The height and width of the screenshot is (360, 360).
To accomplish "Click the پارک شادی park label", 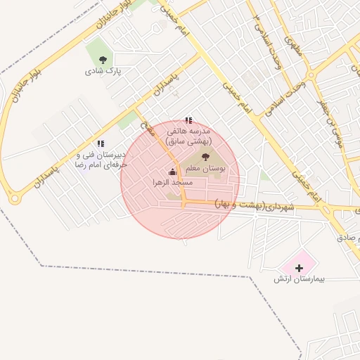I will point(103,71).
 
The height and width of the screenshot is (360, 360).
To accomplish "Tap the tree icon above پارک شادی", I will point(103,60).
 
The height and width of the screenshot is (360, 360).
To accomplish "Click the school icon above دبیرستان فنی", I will point(101,143).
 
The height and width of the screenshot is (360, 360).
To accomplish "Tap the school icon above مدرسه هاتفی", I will point(188,121).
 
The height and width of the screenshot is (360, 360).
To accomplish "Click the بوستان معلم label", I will point(204,169).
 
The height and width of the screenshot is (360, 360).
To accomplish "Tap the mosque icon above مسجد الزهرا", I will point(172,172).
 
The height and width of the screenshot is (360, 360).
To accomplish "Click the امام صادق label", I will point(348,238).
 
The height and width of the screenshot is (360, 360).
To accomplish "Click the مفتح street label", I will point(146,127).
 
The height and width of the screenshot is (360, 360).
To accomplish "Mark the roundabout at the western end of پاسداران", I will point(15,199).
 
